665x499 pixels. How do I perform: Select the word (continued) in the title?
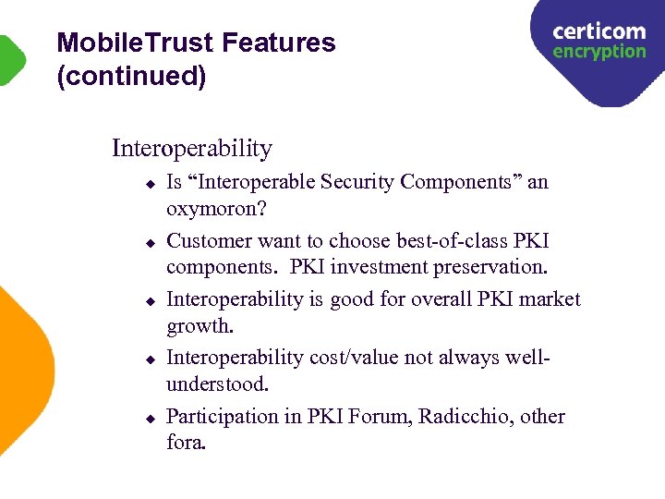tap(130, 77)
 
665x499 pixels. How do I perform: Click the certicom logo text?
tap(598, 31)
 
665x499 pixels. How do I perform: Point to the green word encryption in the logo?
tap(598, 52)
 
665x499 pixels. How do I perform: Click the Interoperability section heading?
tap(192, 148)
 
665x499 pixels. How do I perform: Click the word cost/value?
tap(370, 358)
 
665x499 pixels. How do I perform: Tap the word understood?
tap(217, 383)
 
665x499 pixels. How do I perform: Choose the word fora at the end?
tap(186, 443)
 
